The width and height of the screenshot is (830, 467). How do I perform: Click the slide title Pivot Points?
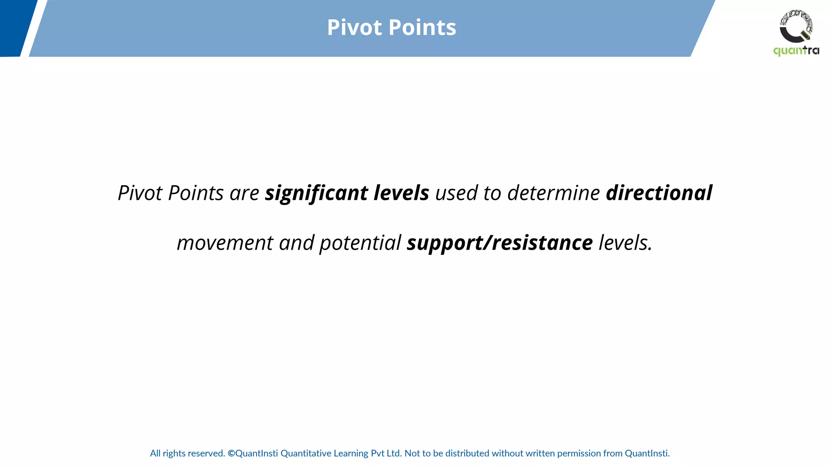[391, 28]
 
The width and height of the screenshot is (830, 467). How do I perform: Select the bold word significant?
[317, 193]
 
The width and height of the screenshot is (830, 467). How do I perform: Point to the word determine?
[553, 193]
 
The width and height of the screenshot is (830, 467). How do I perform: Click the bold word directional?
[659, 193]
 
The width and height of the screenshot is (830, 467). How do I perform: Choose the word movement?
[225, 243]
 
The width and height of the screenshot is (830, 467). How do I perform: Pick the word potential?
[360, 243]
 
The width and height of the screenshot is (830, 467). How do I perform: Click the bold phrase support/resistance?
[499, 243]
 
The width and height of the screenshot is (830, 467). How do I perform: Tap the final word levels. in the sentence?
[625, 243]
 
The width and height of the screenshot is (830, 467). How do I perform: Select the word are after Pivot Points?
[244, 193]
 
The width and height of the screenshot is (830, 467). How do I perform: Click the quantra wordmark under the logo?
[796, 51]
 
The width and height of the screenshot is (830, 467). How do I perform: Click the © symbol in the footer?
[231, 453]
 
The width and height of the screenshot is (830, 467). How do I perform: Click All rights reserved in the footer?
[187, 453]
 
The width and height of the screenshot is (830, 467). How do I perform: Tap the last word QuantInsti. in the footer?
[647, 453]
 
